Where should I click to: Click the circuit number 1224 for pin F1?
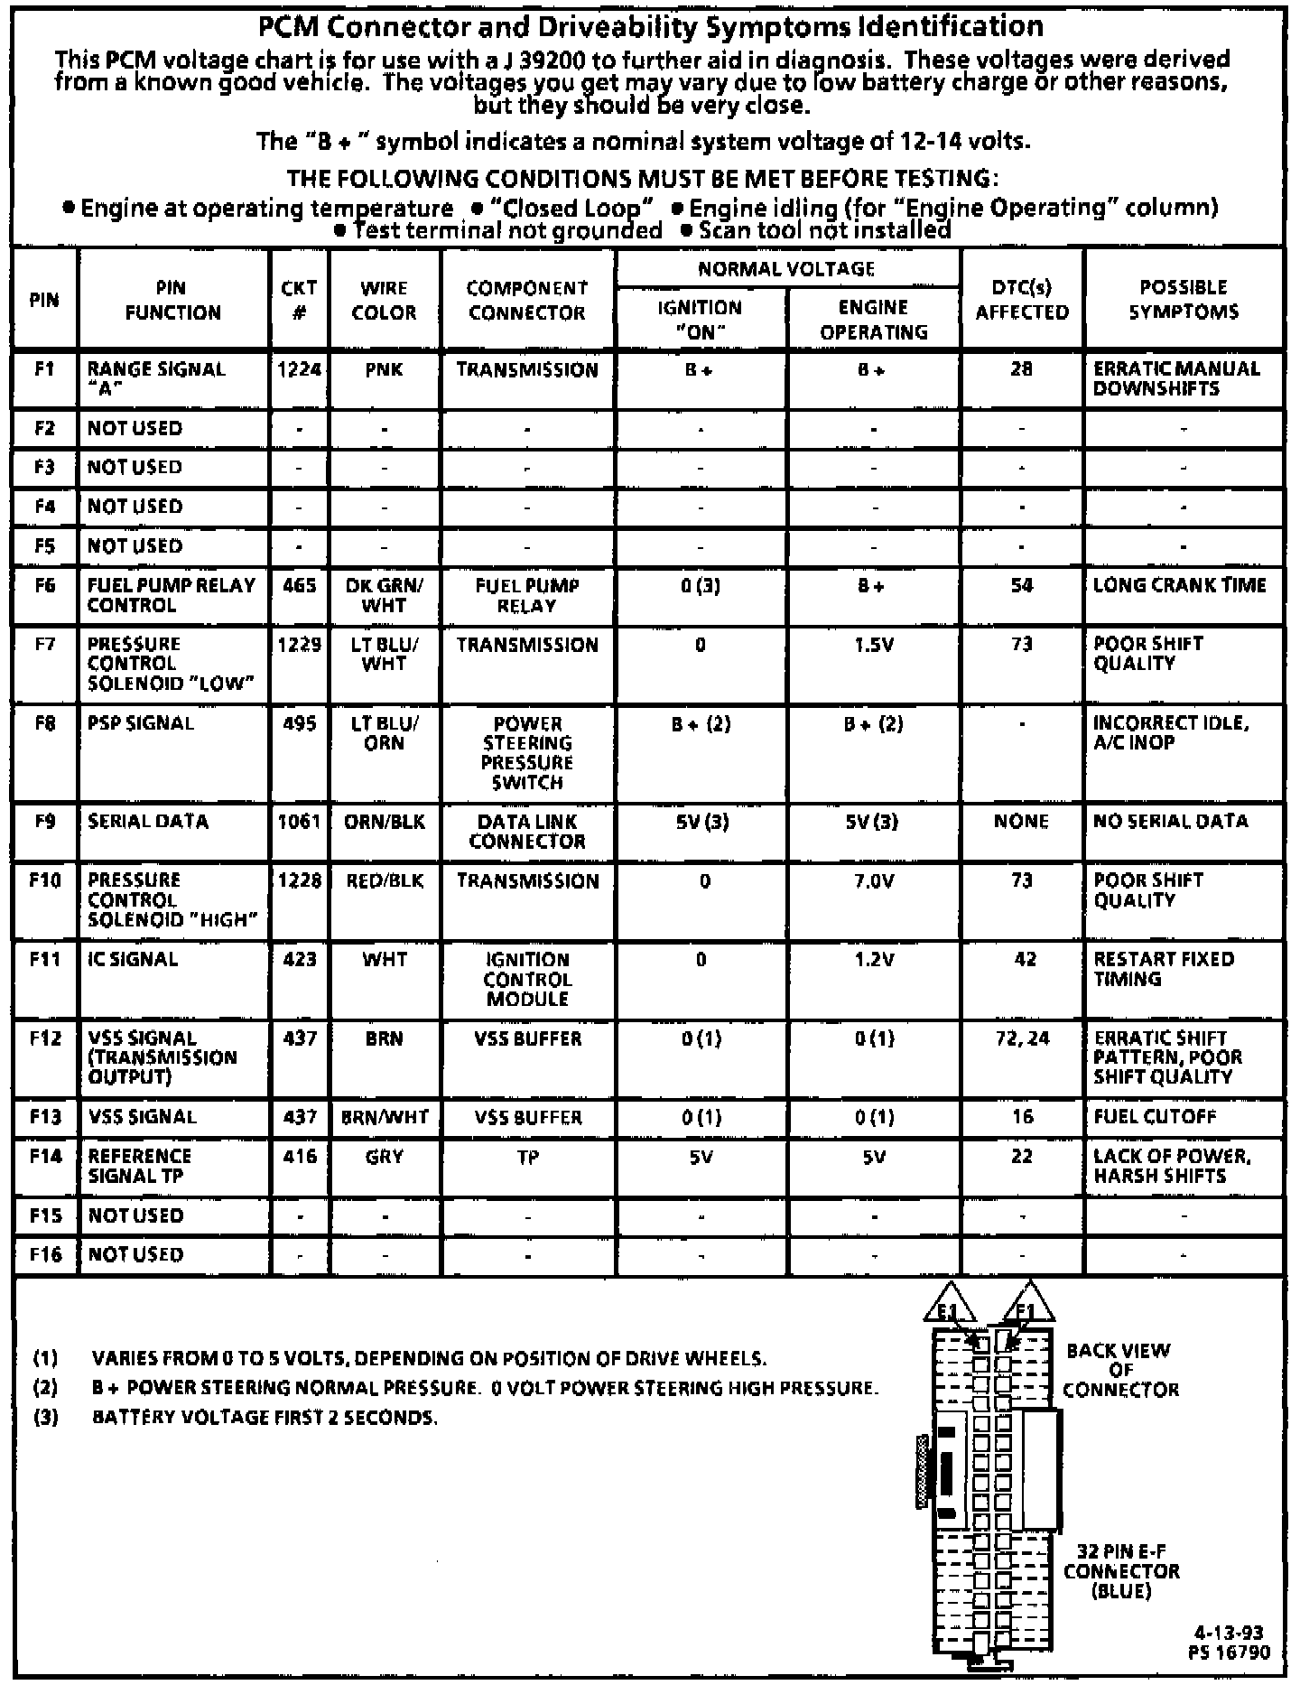(x=300, y=369)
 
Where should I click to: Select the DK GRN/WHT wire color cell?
(x=384, y=595)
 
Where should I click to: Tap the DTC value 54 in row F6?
(x=1021, y=585)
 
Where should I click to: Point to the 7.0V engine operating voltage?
(x=873, y=880)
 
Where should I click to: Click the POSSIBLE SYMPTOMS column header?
(x=1183, y=300)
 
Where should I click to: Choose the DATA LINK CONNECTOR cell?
(x=527, y=831)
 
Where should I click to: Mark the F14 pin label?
(x=44, y=1156)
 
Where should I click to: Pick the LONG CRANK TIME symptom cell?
(x=1179, y=585)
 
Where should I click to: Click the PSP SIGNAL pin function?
(x=140, y=723)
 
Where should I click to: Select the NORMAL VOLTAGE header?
(x=786, y=268)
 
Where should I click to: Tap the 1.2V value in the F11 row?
(x=873, y=960)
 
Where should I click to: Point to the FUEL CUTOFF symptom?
(x=1155, y=1117)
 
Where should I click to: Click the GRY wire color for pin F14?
(x=384, y=1156)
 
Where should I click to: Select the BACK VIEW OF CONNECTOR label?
(x=1119, y=1370)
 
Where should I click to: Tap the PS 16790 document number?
(x=1230, y=1652)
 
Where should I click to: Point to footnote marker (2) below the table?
(x=45, y=1388)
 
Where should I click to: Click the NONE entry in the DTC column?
(x=1021, y=821)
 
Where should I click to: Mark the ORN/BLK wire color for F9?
(x=385, y=822)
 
